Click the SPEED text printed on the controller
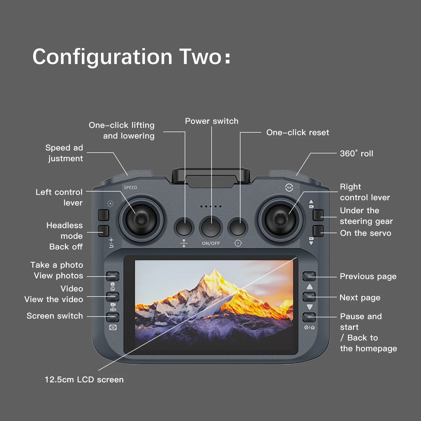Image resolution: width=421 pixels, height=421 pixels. pos(130,187)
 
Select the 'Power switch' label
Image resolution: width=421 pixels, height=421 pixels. pos(212,121)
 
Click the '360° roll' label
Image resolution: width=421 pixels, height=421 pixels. pos(356,153)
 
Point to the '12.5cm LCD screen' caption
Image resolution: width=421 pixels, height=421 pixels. pos(84,379)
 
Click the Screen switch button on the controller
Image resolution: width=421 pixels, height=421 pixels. pos(112,317)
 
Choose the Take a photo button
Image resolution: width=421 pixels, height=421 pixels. pos(112,276)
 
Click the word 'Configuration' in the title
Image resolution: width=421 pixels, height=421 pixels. pos(102,57)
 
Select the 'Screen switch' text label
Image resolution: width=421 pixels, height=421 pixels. pos(54,316)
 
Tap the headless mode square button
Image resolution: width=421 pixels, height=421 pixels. pos(103,231)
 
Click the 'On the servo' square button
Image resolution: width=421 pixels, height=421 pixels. pos(318,231)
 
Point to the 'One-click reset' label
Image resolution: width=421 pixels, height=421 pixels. pos(297,132)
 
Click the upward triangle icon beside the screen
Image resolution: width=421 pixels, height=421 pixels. pos(310,287)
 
